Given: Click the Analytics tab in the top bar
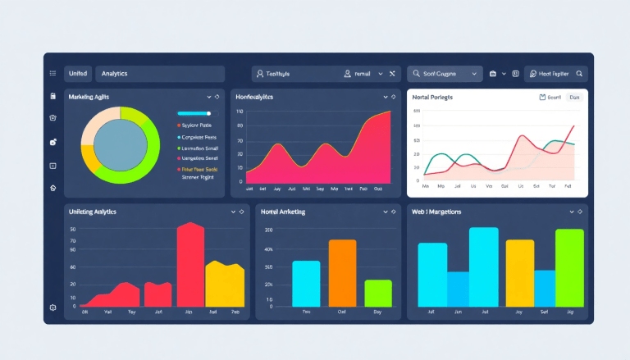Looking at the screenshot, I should tap(114, 74).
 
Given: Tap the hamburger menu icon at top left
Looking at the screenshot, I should tap(52, 74).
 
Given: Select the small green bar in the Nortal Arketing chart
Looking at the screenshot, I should tap(378, 293).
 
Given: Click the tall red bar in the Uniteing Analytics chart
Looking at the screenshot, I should tap(190, 264).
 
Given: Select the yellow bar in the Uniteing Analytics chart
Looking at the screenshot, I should tap(224, 284).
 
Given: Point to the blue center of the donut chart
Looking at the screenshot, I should tap(120, 145).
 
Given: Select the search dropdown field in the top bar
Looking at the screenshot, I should tap(444, 74).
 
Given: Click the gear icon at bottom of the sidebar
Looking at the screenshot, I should tap(52, 308).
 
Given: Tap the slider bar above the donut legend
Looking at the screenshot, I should tap(194, 113).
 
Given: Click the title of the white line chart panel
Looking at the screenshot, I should tap(432, 97).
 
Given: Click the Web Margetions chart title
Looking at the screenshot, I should tap(436, 212).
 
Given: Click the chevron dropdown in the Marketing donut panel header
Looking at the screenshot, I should tap(209, 97).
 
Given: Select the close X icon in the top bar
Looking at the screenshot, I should tap(392, 74).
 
